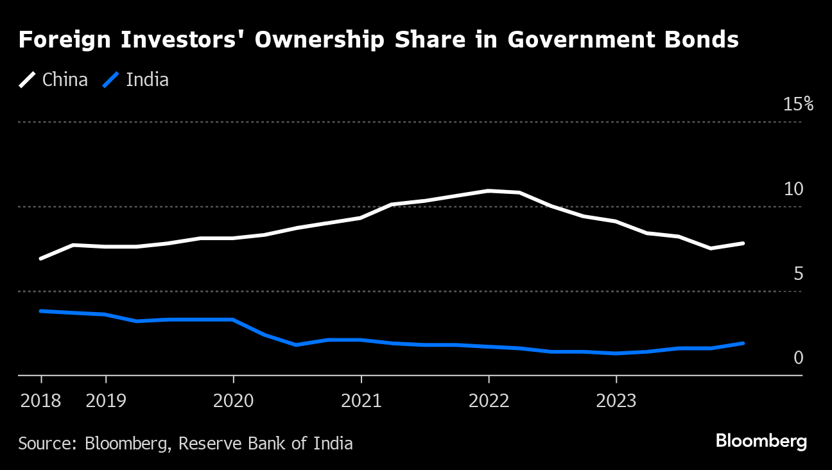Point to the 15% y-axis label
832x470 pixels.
[798, 104]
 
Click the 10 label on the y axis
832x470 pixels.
[793, 189]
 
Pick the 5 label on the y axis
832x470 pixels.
[798, 274]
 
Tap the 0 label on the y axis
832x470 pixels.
[798, 358]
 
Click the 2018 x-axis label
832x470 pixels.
[41, 401]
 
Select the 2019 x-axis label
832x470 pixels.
[106, 401]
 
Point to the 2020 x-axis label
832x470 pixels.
[233, 401]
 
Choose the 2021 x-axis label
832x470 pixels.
[361, 401]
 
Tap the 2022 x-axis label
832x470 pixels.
[489, 401]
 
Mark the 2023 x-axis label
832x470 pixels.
[616, 401]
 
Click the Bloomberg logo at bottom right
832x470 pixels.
[761, 442]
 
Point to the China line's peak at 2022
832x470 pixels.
[489, 191]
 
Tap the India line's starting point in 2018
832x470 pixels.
[41, 311]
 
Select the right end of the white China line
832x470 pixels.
[743, 243]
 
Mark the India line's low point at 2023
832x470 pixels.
[616, 353]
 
